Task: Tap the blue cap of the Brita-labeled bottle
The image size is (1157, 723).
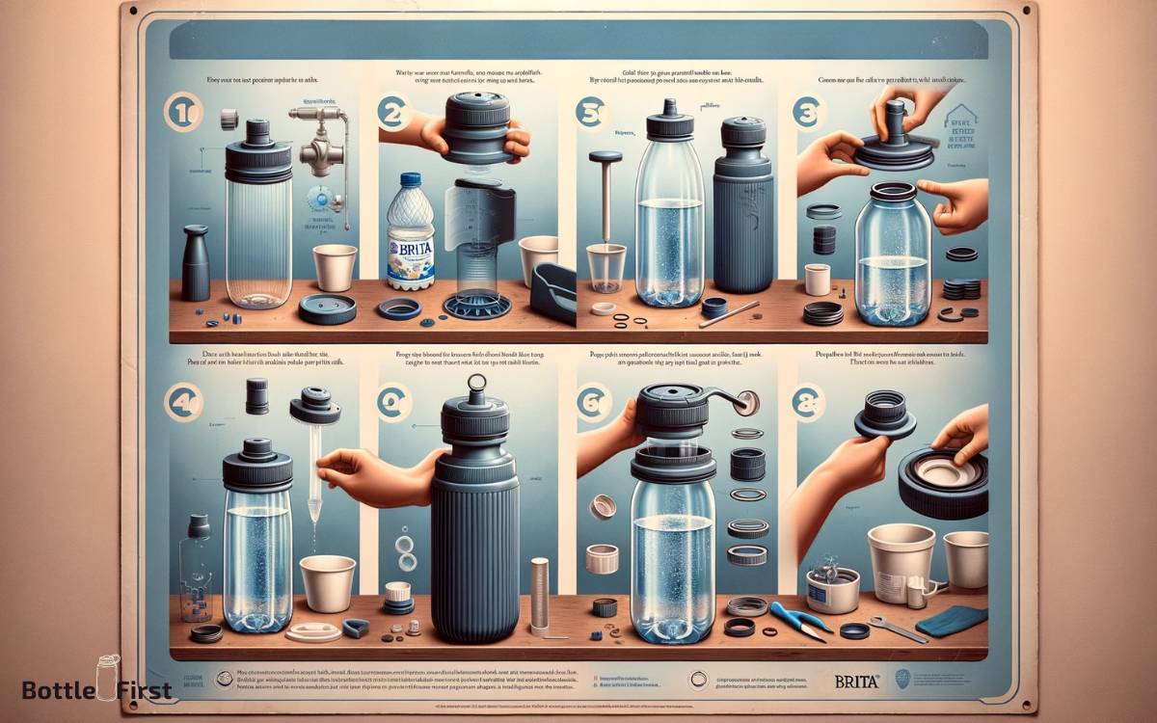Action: click(x=411, y=180)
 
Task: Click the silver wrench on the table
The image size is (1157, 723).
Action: click(x=896, y=629)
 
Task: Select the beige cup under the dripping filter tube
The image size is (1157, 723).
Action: click(x=327, y=581)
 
